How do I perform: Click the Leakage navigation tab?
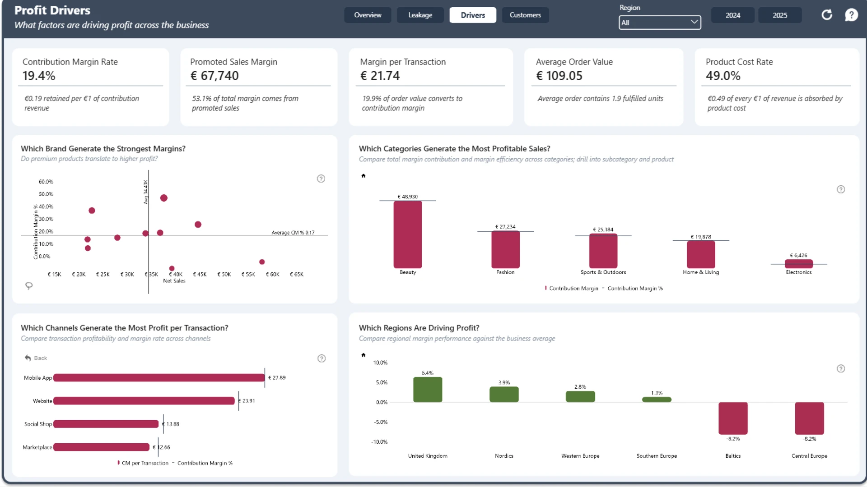pyautogui.click(x=420, y=15)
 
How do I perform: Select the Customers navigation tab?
pyautogui.click(x=525, y=15)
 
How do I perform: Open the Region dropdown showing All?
pyautogui.click(x=660, y=23)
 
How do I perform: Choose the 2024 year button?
pyautogui.click(x=732, y=15)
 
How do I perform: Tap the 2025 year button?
pyautogui.click(x=780, y=15)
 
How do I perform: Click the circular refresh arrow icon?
pyautogui.click(x=827, y=15)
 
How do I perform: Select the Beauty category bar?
pyautogui.click(x=408, y=234)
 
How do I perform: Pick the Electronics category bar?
pyautogui.click(x=799, y=264)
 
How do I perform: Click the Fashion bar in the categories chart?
pyautogui.click(x=505, y=250)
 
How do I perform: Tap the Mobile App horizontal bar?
pyautogui.click(x=159, y=378)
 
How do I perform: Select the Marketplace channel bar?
pyautogui.click(x=101, y=447)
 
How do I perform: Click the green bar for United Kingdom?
pyautogui.click(x=428, y=390)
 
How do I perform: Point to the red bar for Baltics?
pyautogui.click(x=733, y=418)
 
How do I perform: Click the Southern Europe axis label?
pyautogui.click(x=657, y=456)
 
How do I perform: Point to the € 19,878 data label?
pyautogui.click(x=701, y=237)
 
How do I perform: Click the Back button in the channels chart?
pyautogui.click(x=36, y=358)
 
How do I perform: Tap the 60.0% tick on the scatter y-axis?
pyautogui.click(x=46, y=182)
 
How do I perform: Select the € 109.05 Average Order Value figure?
pyautogui.click(x=559, y=76)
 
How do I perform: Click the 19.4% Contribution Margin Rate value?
pyautogui.click(x=39, y=76)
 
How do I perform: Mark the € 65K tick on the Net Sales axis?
pyautogui.click(x=297, y=274)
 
